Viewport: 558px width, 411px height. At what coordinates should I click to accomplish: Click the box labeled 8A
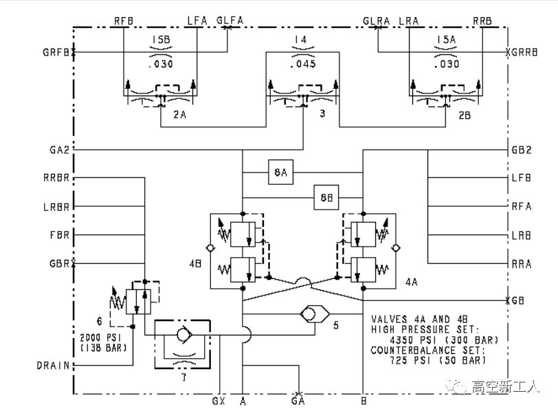[x=280, y=173]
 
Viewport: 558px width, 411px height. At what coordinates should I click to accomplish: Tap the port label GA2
[x=58, y=150]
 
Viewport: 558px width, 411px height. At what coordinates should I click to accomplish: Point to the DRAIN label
[x=54, y=366]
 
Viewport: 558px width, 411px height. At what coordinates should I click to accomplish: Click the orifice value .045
[x=303, y=65]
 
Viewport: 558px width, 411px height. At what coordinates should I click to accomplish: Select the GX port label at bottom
[x=219, y=401]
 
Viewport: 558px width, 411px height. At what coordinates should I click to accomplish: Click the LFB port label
[x=521, y=178]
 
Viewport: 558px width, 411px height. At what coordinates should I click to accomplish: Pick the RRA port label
[x=521, y=263]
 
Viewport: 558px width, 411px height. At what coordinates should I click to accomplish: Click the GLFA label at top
[x=230, y=21]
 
